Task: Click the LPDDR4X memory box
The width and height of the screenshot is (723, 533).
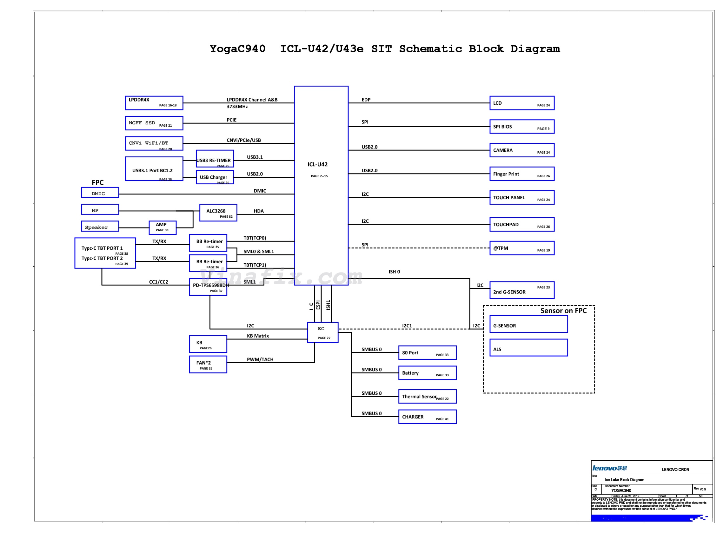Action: [x=154, y=103]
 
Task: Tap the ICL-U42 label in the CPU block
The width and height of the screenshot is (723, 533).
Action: [x=318, y=165]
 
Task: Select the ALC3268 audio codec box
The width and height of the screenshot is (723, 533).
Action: [x=218, y=213]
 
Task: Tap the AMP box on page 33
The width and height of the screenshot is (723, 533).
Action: [x=163, y=228]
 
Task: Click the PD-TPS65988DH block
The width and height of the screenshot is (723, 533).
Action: [x=209, y=287]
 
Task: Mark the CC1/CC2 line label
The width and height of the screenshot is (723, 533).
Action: [x=159, y=282]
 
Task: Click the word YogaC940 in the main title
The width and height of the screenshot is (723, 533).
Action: [x=238, y=49]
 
